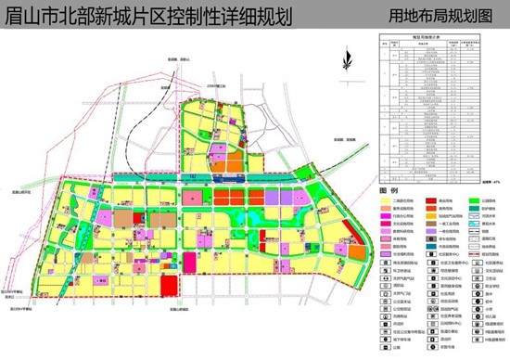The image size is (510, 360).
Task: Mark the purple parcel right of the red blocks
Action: [275, 198]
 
